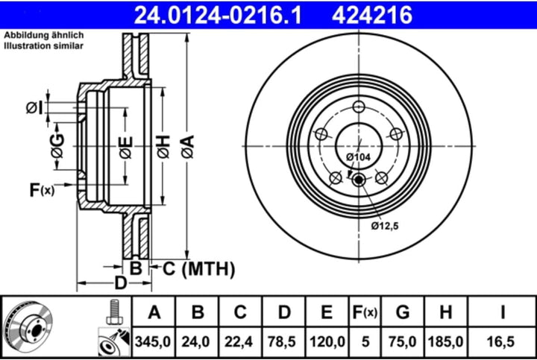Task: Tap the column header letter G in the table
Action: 403,311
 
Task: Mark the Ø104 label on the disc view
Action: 359,157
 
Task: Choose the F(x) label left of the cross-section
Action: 42,191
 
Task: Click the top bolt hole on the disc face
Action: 359,105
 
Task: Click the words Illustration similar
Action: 44,45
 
